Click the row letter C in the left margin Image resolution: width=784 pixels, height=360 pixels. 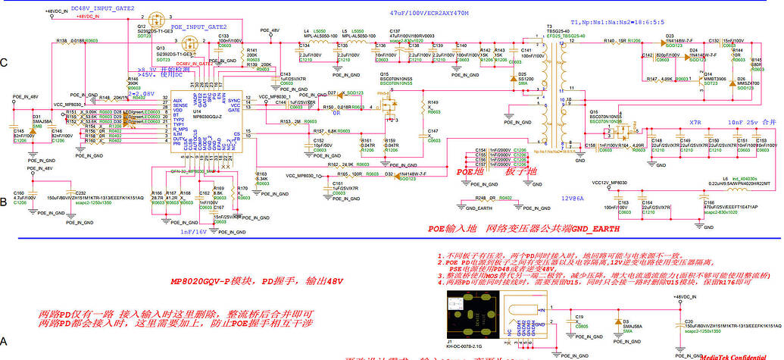[5, 63]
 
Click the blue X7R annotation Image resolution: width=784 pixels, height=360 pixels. [695, 122]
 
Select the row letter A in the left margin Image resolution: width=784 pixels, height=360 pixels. [5, 343]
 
